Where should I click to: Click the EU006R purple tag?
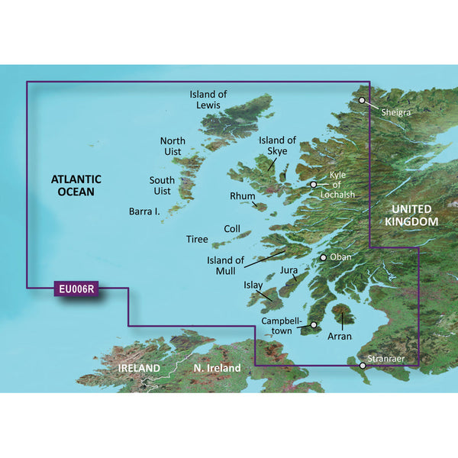77,289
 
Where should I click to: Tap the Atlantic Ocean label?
73,185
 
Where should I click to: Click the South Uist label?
162,188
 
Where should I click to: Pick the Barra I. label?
144,213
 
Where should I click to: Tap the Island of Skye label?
277,146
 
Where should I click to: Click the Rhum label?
242,197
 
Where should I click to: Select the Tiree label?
197,240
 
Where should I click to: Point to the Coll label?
232,229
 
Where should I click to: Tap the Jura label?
288,270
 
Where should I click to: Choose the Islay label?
253,285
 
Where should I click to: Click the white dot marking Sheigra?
362,100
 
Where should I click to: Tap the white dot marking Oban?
323,258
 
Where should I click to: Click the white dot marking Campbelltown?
313,326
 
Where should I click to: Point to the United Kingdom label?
411,215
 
